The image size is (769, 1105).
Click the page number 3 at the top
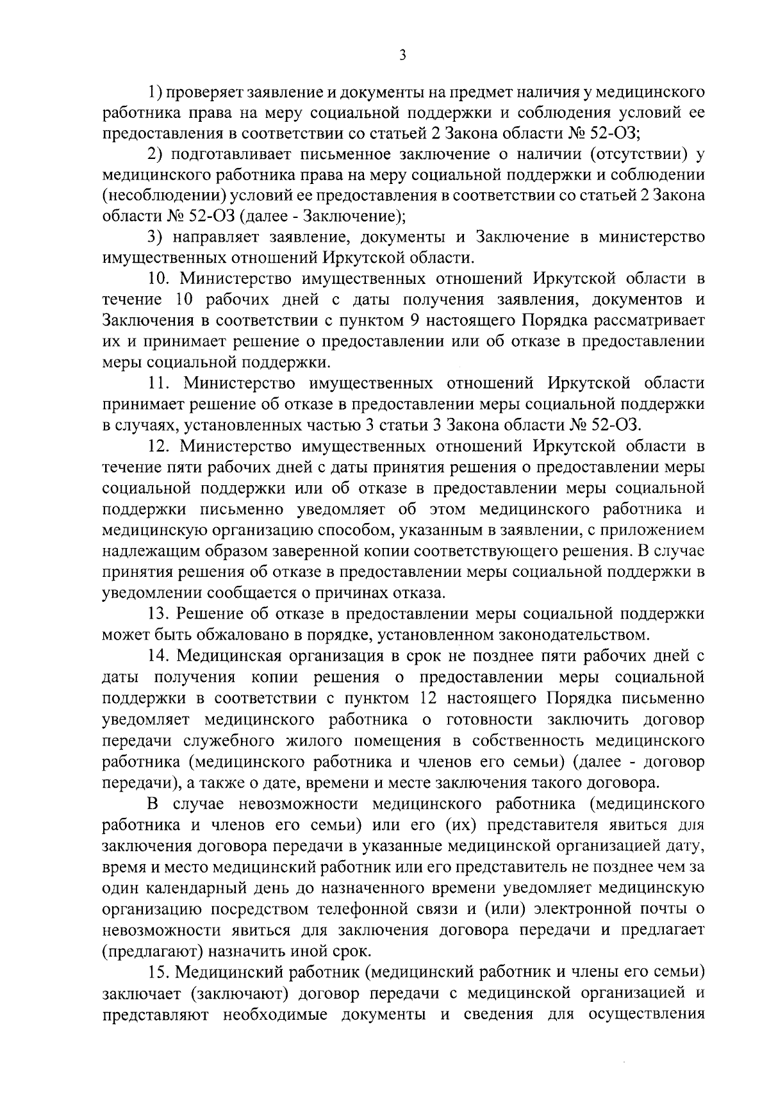click(x=402, y=56)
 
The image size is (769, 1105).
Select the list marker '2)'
click(x=154, y=154)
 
